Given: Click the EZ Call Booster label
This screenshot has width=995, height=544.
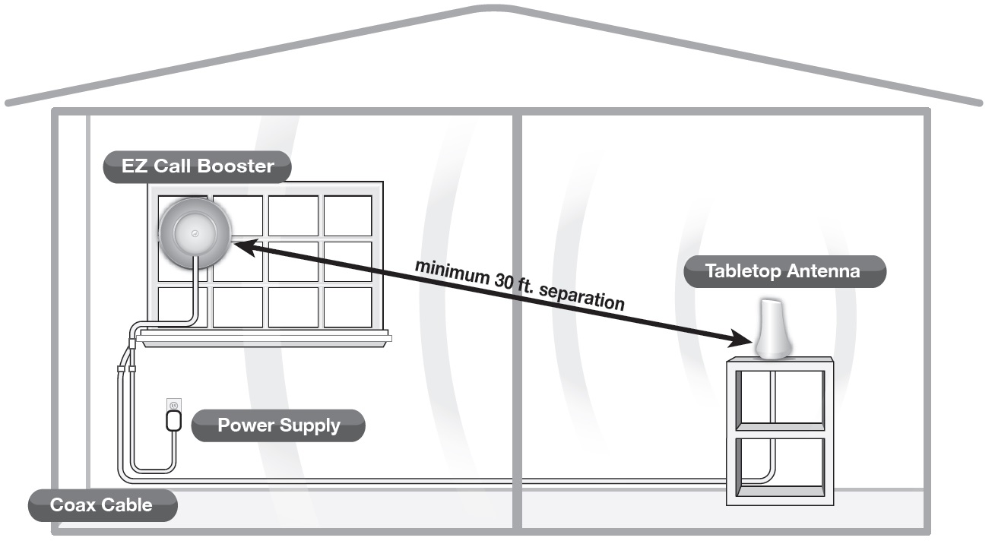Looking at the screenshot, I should pos(198,166).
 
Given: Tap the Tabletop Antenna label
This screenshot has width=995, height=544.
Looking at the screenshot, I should pos(784,271).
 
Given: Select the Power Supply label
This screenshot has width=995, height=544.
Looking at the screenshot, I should pos(278,425).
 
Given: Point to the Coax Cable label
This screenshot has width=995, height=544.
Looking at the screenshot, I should pos(101,504).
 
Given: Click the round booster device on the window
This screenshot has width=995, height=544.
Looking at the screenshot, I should pos(195,233).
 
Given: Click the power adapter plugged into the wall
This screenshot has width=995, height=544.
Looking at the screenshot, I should pos(174,419).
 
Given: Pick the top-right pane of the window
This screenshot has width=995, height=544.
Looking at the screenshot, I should pos(347,216).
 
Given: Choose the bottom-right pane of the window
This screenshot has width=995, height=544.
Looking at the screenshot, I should pos(347,307).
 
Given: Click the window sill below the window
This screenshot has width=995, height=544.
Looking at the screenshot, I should pos(266,339).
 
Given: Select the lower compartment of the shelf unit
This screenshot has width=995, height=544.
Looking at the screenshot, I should pos(780,465).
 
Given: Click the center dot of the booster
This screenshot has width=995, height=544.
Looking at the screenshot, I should pos(195,232).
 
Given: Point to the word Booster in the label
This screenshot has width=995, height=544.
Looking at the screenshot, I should pos(236,166).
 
